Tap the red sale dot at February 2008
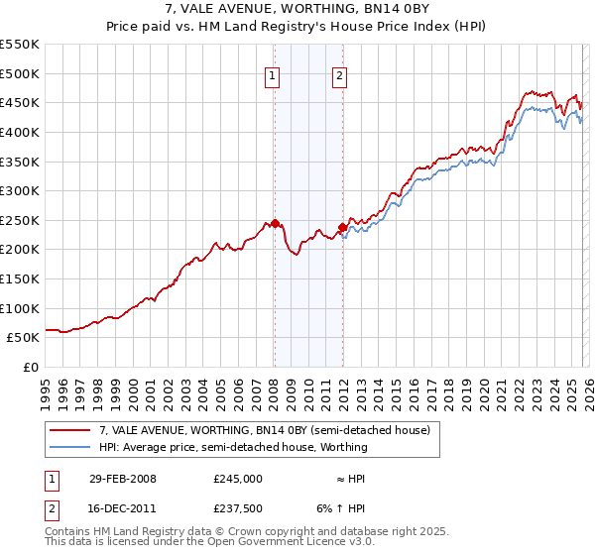coord(275,223)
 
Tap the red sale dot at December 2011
coord(342,227)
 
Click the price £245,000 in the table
coord(237,478)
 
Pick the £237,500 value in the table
coord(237,508)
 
